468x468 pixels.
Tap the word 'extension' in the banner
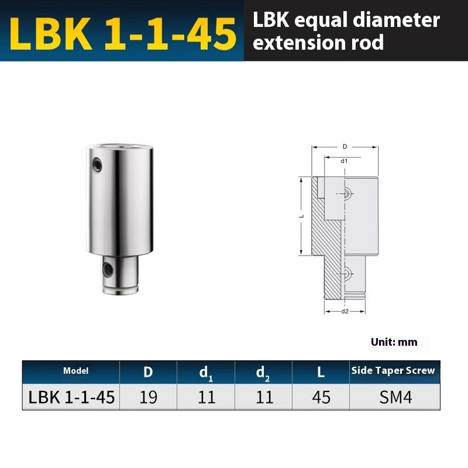pyautogui.click(x=293, y=43)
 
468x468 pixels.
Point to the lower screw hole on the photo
pyautogui.click(x=108, y=269)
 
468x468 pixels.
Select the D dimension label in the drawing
pyautogui.click(x=345, y=146)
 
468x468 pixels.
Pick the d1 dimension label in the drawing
pyautogui.click(x=345, y=160)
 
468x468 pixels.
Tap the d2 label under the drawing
pyautogui.click(x=345, y=311)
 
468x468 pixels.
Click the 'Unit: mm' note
pyautogui.click(x=394, y=342)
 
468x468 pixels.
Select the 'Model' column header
pyautogui.click(x=76, y=371)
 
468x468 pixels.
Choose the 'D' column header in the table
pyautogui.click(x=149, y=372)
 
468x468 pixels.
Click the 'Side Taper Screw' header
pyautogui.click(x=393, y=371)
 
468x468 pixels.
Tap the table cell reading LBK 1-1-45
pyautogui.click(x=71, y=398)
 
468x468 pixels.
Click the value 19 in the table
pyautogui.click(x=149, y=398)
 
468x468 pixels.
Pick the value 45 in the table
pyautogui.click(x=321, y=398)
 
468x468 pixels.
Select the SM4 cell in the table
pyautogui.click(x=395, y=398)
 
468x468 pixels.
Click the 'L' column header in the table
pyautogui.click(x=321, y=372)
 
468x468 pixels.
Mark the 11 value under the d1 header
pyautogui.click(x=206, y=398)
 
